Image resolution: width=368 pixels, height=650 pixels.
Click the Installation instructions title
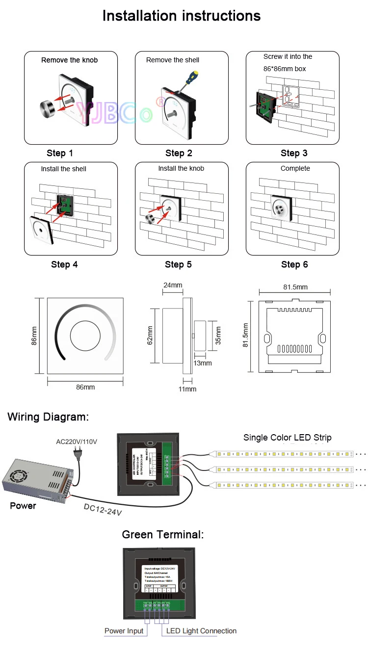pos(181,16)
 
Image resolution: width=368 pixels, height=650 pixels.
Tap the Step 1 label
pos(60,153)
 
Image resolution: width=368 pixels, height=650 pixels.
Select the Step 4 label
pos(64,264)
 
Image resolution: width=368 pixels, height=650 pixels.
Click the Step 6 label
pos(294,264)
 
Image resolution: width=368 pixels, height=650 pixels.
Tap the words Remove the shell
pos(173,60)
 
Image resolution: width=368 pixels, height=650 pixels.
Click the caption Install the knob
pos(181,168)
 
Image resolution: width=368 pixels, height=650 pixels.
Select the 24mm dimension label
pos(173,285)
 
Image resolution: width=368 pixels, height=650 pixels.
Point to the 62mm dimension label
pos(150,335)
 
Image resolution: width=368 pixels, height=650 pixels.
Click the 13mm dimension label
pos(202,363)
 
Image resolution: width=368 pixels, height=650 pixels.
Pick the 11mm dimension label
pos(187,389)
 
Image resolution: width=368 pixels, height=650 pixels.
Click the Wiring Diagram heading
pos(48,417)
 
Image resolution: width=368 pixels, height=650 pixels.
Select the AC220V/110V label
pos(77,442)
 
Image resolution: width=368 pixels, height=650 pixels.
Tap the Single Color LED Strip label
pos(288,437)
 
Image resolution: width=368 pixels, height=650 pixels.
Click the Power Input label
pos(124,631)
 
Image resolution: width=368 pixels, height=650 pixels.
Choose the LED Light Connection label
pos(201,631)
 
